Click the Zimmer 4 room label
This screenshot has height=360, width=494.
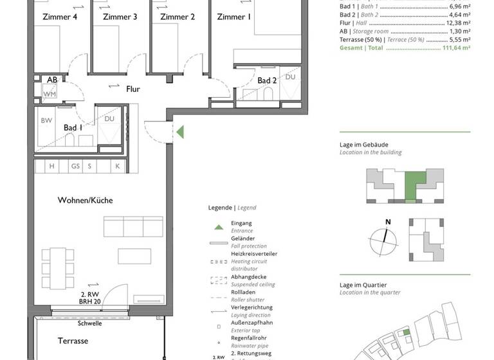click(60, 17)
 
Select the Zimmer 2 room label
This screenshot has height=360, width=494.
click(178, 17)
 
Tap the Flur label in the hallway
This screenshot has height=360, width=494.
click(133, 89)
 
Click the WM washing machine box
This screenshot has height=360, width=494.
click(50, 94)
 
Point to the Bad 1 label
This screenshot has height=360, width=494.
click(73, 128)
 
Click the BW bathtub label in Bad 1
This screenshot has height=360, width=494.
click(46, 120)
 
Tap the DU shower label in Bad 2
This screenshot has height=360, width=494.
click(290, 77)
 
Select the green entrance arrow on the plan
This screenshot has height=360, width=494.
click(181, 132)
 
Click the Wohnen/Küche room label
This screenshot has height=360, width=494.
click(85, 200)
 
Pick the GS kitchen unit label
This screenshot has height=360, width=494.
click(75, 166)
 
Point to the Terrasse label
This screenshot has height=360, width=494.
click(73, 341)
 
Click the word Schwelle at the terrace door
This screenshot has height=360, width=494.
click(89, 324)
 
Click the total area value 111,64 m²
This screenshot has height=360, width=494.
click(456, 48)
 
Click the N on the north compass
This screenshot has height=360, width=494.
click(387, 222)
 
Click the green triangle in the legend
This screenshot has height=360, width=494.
click(219, 227)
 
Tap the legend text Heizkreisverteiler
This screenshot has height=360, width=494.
click(254, 254)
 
